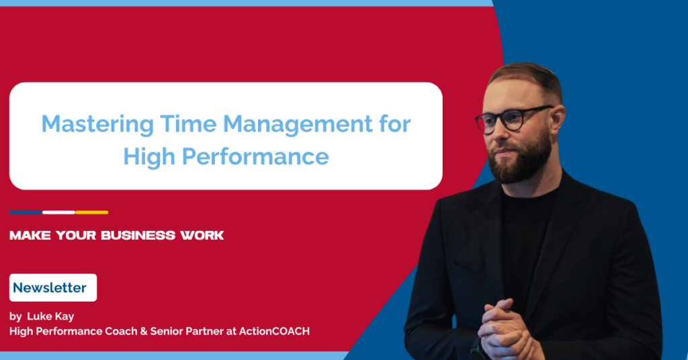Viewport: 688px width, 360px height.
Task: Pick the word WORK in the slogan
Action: click(x=201, y=236)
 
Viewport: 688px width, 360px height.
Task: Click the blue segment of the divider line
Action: click(x=26, y=212)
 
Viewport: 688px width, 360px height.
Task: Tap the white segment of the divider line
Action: click(x=58, y=212)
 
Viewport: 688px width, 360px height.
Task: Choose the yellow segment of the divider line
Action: click(x=92, y=212)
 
